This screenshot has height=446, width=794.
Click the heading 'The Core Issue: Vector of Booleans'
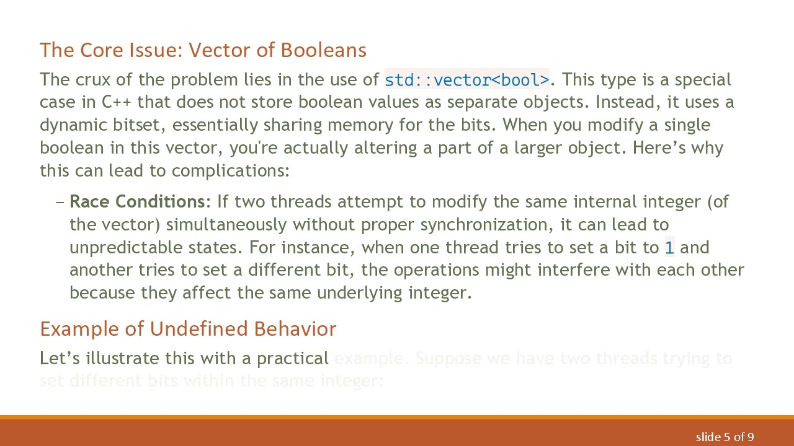click(x=203, y=50)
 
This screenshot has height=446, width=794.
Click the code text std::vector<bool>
click(x=466, y=80)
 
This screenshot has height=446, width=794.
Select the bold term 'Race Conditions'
click(x=137, y=202)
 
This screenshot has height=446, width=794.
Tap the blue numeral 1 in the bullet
click(x=669, y=248)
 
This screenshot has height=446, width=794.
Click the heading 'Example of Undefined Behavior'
click(x=188, y=329)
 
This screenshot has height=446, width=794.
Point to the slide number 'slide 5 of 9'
click(x=725, y=437)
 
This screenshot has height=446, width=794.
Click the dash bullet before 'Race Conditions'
click(x=60, y=202)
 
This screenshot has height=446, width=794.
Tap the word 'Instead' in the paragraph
click(x=622, y=102)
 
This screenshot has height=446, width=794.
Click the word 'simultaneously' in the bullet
click(x=227, y=224)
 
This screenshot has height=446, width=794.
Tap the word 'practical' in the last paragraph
click(x=292, y=359)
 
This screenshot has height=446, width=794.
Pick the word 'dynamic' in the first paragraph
click(x=73, y=125)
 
